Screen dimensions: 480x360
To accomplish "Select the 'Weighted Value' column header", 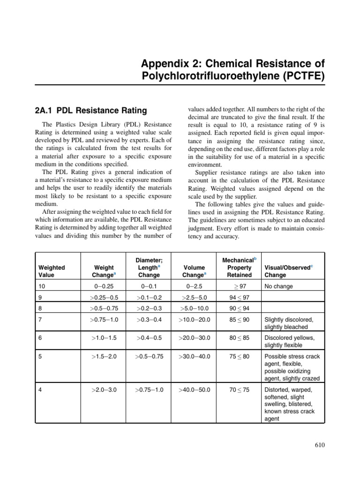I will (52, 271).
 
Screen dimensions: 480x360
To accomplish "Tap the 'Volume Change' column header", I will (194, 271).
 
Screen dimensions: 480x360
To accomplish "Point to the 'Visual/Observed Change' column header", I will (288, 271).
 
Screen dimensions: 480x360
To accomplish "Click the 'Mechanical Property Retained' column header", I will (239, 267).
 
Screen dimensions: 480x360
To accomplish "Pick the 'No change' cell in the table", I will (278, 286).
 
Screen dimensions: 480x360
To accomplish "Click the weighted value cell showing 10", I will (42, 286).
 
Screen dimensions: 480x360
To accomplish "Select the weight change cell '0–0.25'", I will (104, 286).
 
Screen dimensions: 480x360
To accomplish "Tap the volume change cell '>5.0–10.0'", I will (194, 308).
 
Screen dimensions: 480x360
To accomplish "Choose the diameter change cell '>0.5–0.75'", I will (149, 356).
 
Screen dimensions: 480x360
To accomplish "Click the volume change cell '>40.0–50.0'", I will (194, 390).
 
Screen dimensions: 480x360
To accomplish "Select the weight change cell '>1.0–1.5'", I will (104, 338).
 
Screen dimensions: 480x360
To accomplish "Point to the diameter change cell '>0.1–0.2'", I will (149, 297).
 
